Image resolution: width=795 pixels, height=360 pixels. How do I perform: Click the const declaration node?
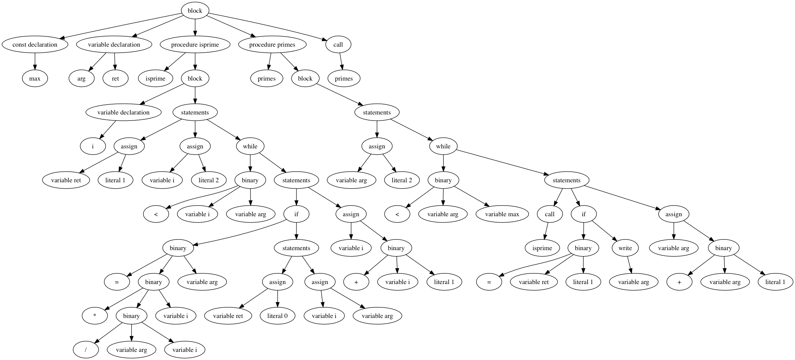(35, 45)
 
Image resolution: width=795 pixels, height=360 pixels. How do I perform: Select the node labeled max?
(35, 78)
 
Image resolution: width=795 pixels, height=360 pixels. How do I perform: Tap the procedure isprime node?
(195, 45)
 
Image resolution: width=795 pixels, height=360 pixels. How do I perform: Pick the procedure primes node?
(272, 45)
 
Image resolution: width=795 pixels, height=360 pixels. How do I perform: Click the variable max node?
(502, 214)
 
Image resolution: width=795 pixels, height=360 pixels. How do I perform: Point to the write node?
(625, 248)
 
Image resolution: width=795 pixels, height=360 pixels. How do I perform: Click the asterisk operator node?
(95, 316)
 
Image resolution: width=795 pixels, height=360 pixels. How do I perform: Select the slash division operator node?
(86, 350)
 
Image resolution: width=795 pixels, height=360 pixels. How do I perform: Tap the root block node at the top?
(195, 11)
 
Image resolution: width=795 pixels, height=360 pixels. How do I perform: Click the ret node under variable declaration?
(115, 78)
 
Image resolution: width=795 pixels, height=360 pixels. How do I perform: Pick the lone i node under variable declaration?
(93, 146)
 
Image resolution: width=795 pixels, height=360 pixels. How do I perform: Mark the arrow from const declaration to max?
(35, 61)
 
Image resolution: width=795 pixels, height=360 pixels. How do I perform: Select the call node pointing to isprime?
(550, 214)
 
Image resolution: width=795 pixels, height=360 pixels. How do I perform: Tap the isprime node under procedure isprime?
(155, 78)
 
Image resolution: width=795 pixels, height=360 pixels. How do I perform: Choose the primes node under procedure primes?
(266, 78)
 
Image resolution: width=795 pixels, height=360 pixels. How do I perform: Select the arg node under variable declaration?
(81, 78)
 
